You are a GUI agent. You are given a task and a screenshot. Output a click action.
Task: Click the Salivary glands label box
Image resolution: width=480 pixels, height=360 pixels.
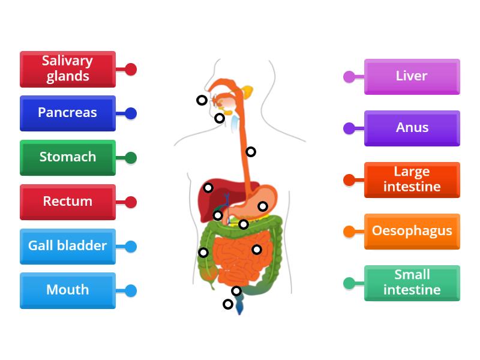67,68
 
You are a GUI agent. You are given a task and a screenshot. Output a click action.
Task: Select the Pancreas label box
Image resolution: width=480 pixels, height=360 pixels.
67,113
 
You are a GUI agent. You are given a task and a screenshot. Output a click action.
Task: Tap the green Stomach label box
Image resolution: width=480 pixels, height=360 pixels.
67,157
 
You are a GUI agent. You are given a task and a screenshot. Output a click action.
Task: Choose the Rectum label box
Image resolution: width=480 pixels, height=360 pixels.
67,202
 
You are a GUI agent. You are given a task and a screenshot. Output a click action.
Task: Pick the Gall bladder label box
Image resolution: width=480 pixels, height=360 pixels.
67,246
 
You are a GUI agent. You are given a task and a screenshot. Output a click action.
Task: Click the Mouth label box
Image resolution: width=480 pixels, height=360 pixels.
67,290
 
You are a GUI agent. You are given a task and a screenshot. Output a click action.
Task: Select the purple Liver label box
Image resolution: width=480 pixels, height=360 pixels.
412,76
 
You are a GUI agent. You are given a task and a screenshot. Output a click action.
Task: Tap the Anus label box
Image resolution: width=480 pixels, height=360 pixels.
412,128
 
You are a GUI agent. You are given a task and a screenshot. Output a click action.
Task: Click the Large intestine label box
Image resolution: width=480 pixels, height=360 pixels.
412,179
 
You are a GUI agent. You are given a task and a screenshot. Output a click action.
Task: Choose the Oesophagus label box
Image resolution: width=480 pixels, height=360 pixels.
412,231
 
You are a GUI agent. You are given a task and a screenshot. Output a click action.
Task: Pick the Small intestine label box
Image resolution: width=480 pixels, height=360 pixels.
412,283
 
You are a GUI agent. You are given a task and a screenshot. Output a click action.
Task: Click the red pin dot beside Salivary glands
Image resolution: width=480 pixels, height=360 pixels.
131,69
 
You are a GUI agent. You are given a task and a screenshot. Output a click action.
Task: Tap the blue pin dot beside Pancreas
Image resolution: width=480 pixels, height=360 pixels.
131,113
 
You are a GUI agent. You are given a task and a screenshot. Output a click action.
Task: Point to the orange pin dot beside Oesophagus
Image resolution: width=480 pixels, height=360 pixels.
349,231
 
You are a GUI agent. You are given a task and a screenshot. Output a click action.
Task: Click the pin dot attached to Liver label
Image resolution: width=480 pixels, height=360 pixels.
349,76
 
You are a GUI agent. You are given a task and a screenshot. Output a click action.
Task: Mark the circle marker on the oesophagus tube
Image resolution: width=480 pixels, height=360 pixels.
251,152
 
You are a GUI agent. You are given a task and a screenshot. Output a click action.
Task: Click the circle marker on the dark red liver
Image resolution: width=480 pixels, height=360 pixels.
208,188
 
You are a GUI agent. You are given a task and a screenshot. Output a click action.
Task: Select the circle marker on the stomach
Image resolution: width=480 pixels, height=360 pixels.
263,206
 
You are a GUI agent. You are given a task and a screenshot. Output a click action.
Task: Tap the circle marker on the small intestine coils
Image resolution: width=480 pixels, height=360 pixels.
257,250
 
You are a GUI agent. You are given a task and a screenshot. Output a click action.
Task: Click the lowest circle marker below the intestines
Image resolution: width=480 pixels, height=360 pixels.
228,304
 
